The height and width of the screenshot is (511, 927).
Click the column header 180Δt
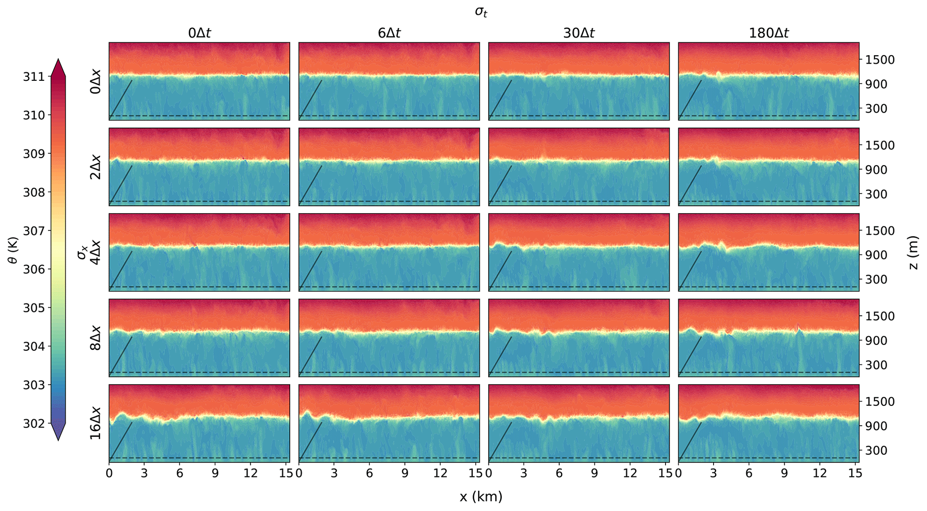(x=769, y=33)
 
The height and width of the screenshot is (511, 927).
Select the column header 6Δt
(x=389, y=33)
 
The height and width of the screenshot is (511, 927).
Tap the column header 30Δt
(x=579, y=33)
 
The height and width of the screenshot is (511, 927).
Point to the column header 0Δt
(x=199, y=33)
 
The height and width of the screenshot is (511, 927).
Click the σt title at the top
(x=481, y=12)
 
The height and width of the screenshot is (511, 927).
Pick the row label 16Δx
(x=96, y=423)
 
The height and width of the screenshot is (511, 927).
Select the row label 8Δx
(x=96, y=338)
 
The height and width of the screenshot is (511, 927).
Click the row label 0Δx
(x=96, y=81)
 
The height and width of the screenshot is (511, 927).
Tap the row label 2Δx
(x=96, y=167)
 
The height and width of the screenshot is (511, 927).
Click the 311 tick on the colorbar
(x=34, y=77)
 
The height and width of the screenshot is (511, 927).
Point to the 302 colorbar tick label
(x=34, y=423)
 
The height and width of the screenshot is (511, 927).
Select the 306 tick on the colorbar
(x=34, y=269)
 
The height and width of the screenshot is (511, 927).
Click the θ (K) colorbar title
(x=13, y=250)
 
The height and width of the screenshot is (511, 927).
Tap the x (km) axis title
(x=481, y=497)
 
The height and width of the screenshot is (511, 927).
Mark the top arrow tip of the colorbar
(x=58, y=58)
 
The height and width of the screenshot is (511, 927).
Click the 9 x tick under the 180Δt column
(x=784, y=473)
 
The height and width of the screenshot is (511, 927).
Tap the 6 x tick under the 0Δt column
(x=180, y=473)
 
